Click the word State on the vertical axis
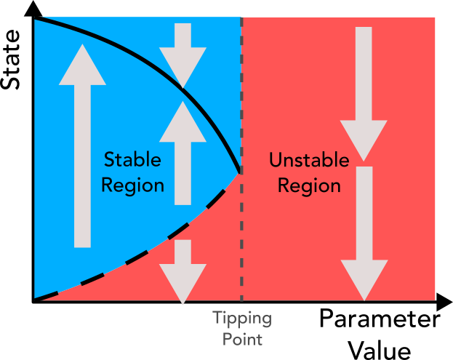click(x=12, y=65)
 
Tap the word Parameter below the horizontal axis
click(x=378, y=321)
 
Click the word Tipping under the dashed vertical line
click(x=241, y=319)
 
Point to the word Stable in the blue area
click(x=132, y=159)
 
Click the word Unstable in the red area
click(x=309, y=159)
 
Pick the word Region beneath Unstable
click(x=309, y=185)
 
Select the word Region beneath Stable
click(x=132, y=185)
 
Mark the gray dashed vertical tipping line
click(x=241, y=240)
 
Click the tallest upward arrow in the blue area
click(x=83, y=145)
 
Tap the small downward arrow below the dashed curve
click(x=184, y=269)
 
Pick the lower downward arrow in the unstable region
click(x=364, y=233)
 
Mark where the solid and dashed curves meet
click(x=240, y=172)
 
